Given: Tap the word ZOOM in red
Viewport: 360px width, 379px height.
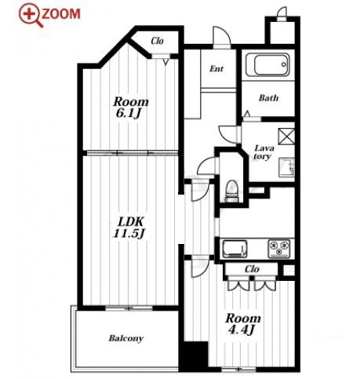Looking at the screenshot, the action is [x=61, y=14].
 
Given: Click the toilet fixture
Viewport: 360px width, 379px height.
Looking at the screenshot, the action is [x=231, y=191].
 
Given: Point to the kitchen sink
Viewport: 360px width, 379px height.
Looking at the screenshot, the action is [x=235, y=249].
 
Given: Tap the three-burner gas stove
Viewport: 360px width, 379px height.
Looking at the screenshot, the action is [x=279, y=249].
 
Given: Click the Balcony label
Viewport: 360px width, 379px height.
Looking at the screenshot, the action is [x=126, y=338].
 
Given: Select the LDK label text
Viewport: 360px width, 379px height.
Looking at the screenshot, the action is [x=130, y=222].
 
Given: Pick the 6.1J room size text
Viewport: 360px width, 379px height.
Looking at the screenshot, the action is [x=129, y=114].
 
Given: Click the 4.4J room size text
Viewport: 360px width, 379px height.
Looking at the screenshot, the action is [x=241, y=330].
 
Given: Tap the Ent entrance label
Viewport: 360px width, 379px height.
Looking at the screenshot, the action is [x=216, y=69].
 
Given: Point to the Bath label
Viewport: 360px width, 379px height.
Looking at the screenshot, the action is [x=268, y=98].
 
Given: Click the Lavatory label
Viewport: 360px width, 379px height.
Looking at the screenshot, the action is [x=264, y=152].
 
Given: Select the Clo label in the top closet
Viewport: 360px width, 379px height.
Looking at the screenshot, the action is [x=158, y=41].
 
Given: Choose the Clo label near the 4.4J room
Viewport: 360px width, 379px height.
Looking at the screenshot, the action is [x=252, y=269].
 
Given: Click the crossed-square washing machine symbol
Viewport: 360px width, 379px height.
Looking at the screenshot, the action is [x=286, y=137].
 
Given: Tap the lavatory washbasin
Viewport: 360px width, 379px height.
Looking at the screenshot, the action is [x=286, y=168].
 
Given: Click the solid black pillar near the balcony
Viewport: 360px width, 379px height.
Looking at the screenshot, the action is [x=194, y=356].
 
